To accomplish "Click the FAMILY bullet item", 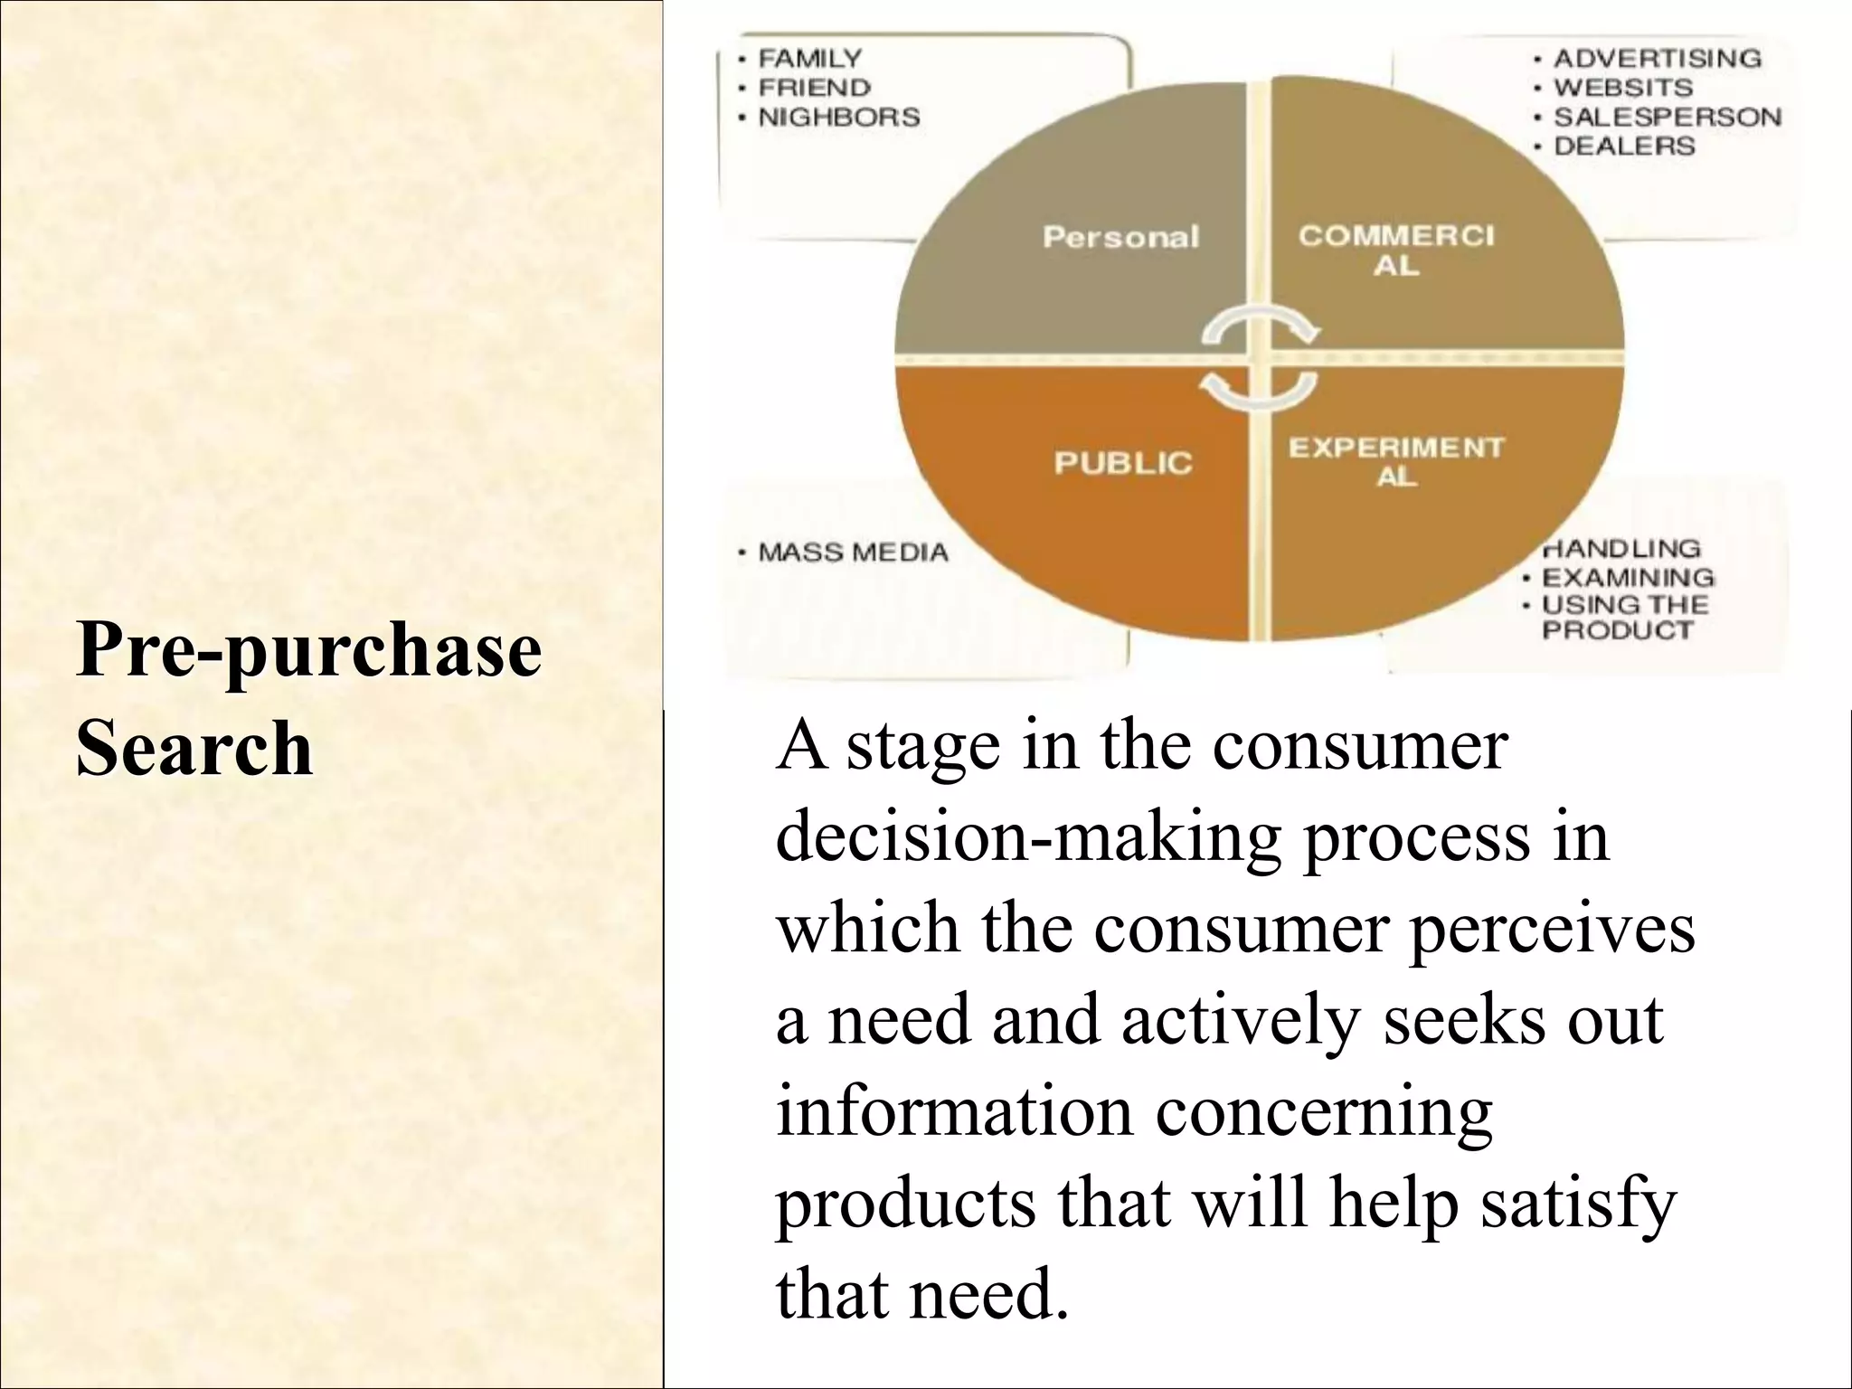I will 809,59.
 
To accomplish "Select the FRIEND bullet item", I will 814,88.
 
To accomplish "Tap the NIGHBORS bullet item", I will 838,117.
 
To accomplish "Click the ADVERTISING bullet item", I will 1657,59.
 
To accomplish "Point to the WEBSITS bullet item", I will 1622,88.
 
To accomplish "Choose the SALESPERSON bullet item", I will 1667,117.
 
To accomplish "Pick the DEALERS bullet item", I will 1623,146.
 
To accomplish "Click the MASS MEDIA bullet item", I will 853,553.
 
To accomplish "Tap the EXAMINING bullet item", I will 1627,577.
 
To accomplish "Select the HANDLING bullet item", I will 1620,549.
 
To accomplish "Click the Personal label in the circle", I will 1120,237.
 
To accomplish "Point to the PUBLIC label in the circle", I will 1123,463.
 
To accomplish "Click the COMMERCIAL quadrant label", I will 1396,250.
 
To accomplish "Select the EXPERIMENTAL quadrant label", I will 1395,461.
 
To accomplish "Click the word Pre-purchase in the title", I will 308,650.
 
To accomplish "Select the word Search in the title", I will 194,748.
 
